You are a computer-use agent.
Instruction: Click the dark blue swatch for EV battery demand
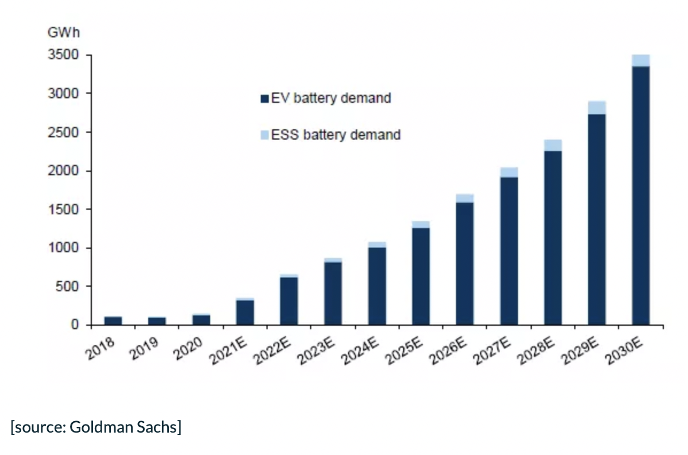click(265, 99)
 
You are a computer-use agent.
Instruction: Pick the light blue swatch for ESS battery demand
click(265, 136)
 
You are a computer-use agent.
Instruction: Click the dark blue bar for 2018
click(113, 321)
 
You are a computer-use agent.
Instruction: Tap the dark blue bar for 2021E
click(245, 312)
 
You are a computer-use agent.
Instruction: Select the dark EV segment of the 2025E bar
click(421, 276)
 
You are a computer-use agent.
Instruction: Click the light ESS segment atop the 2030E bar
click(640, 60)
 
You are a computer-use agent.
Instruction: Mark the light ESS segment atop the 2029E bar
click(597, 107)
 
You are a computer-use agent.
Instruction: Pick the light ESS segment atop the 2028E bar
click(553, 145)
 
